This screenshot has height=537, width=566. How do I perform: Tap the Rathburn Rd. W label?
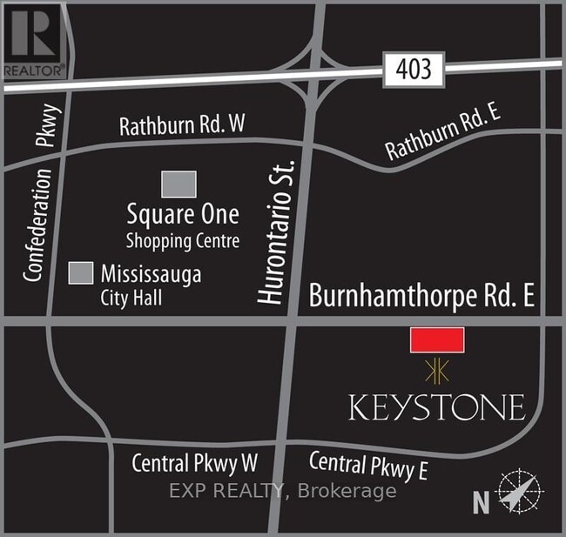coord(181,125)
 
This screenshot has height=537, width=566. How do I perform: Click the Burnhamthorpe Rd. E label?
coord(421,297)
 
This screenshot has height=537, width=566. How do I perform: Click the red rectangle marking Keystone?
coord(437,340)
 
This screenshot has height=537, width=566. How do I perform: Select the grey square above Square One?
coord(179,184)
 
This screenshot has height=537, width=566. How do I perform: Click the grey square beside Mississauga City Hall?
coord(81,272)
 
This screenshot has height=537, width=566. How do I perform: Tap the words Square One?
coord(182,213)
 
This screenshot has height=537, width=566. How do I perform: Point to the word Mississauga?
coord(151,274)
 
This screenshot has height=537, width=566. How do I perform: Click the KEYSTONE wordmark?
coord(436,406)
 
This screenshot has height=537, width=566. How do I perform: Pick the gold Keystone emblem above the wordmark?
coord(436,372)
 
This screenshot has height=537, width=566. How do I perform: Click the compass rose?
coord(519,493)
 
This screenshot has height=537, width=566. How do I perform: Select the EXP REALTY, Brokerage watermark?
coord(282,490)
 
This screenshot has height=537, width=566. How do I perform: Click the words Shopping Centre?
coord(182,240)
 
